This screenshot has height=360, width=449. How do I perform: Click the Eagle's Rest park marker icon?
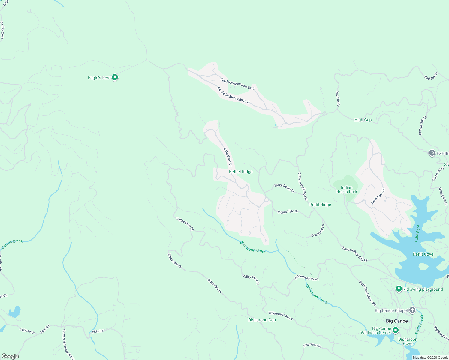tap(115, 78)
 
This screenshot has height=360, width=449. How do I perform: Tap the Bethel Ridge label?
tap(240, 172)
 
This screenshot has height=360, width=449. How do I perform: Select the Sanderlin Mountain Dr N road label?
tap(237, 84)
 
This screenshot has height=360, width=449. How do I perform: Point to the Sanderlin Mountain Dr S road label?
tap(233, 95)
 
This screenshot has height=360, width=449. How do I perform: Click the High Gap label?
tap(363, 120)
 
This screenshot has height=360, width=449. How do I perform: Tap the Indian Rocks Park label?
tap(347, 190)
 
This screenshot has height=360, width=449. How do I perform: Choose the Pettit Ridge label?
tap(320, 205)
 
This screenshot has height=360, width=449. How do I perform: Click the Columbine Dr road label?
tap(228, 157)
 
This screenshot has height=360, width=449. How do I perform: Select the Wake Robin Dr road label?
tap(284, 188)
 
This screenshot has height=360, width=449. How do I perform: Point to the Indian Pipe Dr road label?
tap(288, 212)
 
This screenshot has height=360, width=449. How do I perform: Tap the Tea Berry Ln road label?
tap(318, 231)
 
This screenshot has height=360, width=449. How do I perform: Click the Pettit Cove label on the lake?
tap(423, 254)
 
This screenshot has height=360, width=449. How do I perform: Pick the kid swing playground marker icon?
tap(399, 289)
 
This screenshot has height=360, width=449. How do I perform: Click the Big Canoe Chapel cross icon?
tap(412, 310)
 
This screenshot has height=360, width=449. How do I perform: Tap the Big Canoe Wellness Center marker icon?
tap(396, 330)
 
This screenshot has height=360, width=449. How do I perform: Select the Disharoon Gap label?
tap(262, 320)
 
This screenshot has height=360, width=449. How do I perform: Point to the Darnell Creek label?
tap(12, 244)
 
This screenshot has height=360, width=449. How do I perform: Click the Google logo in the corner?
tap(10, 356)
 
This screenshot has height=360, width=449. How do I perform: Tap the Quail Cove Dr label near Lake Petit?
tap(378, 196)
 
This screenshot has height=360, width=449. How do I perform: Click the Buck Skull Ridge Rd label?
tap(367, 293)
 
